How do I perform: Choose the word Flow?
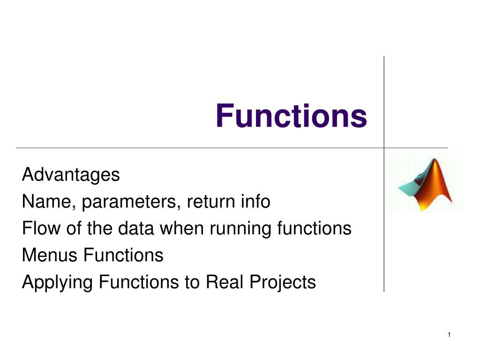41,228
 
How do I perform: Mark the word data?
135,228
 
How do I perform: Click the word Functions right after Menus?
123,255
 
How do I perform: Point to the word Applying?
57,283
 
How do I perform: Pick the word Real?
224,282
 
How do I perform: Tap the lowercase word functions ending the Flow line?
314,228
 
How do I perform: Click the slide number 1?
449,335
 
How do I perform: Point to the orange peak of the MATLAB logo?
434,160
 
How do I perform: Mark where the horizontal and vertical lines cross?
384,148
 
